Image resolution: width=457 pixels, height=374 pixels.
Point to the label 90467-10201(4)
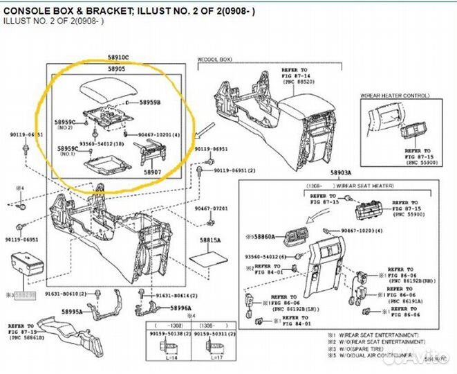(158, 134)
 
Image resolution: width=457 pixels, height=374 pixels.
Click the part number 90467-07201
(211, 208)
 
